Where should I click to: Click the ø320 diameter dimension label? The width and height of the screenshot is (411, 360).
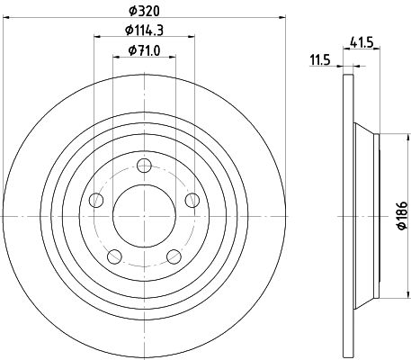pyautogui.click(x=144, y=11)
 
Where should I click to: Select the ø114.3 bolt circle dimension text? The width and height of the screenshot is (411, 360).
pyautogui.click(x=144, y=30)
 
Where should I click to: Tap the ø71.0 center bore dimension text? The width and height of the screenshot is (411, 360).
pyautogui.click(x=144, y=50)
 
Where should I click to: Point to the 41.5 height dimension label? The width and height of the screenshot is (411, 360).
pyautogui.click(x=362, y=42)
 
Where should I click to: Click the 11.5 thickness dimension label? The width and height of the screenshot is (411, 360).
pyautogui.click(x=320, y=60)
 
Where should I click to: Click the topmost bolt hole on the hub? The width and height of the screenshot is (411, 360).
pyautogui.click(x=144, y=166)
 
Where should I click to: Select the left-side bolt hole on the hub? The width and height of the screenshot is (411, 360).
pyautogui.click(x=96, y=200)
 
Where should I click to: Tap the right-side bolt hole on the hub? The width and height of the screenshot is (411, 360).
pyautogui.click(x=192, y=200)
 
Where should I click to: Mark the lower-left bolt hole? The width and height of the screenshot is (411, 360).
pyautogui.click(x=114, y=256)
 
